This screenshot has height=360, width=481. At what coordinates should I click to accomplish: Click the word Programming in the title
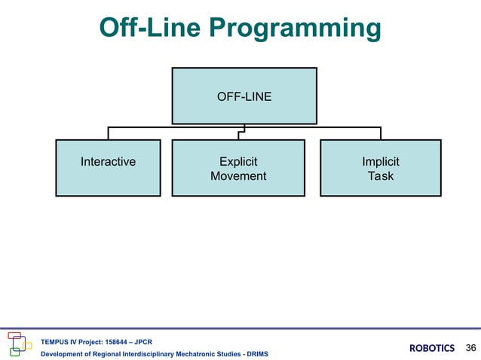(295, 28)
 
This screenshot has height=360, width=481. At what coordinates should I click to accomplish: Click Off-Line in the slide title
(150, 27)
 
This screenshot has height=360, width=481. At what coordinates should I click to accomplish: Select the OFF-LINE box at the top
(244, 96)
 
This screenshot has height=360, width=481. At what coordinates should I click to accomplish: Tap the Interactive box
(108, 168)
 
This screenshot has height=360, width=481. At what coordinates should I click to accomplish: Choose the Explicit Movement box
(238, 168)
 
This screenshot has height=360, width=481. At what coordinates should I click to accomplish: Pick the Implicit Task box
(381, 168)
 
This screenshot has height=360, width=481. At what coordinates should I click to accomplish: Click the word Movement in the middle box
(238, 176)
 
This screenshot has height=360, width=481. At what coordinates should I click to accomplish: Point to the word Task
(381, 176)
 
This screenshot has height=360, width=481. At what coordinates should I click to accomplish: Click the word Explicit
(238, 162)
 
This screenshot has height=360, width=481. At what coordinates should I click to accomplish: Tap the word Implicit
(381, 162)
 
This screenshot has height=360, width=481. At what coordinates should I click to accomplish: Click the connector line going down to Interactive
(108, 133)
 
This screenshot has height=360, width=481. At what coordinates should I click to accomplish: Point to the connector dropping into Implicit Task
(381, 133)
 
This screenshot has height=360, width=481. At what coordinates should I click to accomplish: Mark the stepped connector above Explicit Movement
(241, 132)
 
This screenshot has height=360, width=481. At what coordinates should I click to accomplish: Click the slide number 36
(470, 348)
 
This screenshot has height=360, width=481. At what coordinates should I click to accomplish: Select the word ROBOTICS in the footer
(432, 348)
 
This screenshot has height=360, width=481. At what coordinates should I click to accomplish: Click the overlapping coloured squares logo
(20, 344)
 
